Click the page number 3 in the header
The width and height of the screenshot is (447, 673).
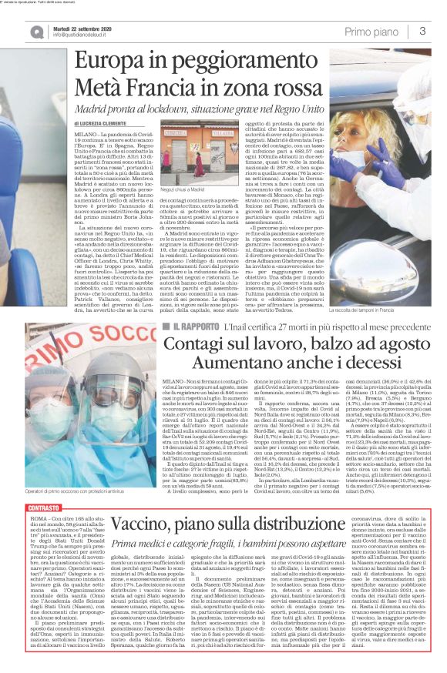pyautogui.click(x=423, y=31)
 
